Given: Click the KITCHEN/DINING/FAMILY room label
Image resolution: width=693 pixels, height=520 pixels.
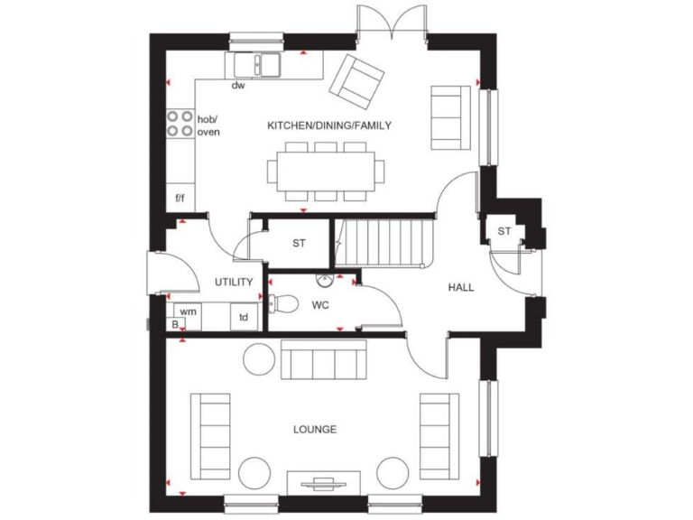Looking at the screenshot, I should (328, 125).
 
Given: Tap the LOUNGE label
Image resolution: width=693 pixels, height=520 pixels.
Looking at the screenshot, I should (315, 429).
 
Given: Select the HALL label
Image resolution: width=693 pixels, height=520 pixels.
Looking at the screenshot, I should (461, 287).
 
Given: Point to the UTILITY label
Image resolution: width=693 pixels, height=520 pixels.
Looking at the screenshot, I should (234, 283).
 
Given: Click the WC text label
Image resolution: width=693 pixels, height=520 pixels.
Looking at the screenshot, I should (320, 305).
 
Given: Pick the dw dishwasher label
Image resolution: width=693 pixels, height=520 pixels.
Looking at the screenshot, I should (238, 87).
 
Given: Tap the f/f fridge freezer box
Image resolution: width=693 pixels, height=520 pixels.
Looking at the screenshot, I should (180, 197).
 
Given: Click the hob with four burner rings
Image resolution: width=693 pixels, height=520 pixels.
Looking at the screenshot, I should (180, 124).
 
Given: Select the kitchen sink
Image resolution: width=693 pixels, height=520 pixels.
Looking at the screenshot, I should (258, 65).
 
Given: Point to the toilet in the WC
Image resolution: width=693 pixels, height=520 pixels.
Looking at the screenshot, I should (282, 303).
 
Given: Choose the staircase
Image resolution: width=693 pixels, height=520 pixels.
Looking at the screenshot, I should (380, 244).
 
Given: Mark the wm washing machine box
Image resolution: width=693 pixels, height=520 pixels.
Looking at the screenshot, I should (188, 311).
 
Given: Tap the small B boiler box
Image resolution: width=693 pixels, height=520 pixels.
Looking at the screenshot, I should (174, 323).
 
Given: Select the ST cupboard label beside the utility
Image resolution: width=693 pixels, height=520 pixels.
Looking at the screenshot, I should (299, 244).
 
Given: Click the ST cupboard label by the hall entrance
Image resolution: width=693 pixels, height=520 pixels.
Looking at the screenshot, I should (504, 231).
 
